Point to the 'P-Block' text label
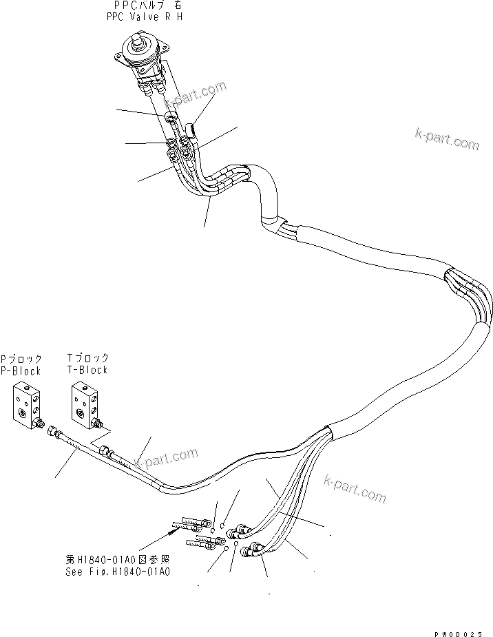pos(21,370)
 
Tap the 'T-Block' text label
pos(87,370)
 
